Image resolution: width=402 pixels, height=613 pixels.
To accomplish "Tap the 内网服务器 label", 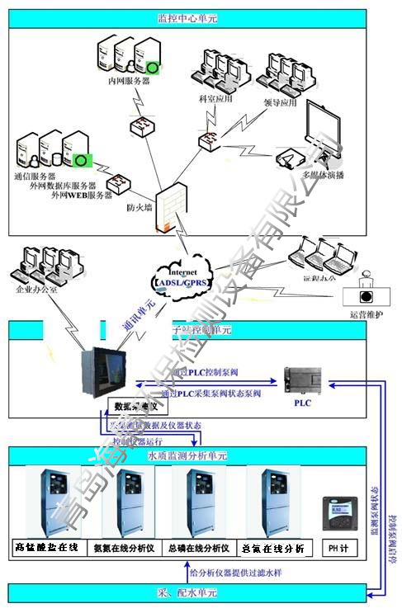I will [x=129, y=81].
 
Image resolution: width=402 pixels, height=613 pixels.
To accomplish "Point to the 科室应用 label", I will [x=215, y=98].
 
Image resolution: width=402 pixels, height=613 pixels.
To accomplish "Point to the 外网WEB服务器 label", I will [x=82, y=195].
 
